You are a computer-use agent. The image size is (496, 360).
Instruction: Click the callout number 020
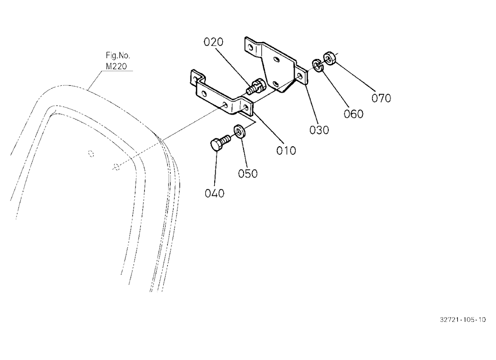(x=213, y=42)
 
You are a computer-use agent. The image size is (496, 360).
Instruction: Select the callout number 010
(x=286, y=151)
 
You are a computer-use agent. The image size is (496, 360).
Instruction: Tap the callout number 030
(x=319, y=130)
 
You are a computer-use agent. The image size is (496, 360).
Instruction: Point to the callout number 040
(x=214, y=193)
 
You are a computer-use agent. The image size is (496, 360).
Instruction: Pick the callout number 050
(x=248, y=174)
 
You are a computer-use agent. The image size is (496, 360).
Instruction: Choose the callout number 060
(x=354, y=114)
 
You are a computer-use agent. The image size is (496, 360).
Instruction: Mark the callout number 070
(x=381, y=98)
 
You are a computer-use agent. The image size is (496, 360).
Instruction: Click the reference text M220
(x=117, y=66)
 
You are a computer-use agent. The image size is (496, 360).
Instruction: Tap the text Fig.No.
(x=118, y=56)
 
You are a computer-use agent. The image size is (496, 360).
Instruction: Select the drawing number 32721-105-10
(x=462, y=319)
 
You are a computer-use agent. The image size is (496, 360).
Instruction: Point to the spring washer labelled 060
(x=317, y=65)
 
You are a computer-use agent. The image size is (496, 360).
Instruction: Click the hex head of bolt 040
(x=217, y=145)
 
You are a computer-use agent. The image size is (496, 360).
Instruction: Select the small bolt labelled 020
(x=254, y=86)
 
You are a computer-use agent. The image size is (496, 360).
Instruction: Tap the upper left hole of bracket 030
(x=250, y=48)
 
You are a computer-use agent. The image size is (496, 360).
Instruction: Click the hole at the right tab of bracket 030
(x=300, y=76)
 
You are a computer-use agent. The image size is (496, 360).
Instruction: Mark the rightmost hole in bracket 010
(x=246, y=107)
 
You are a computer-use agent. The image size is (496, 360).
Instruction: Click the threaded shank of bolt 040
(x=226, y=139)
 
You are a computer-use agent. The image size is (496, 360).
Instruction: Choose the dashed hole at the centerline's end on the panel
(x=117, y=166)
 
